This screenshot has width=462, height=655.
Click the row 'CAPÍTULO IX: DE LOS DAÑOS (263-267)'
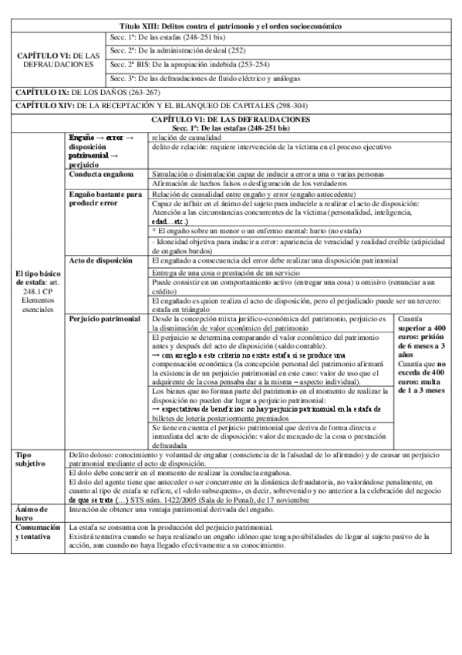click(x=73, y=92)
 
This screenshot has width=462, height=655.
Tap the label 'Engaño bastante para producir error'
click(x=106, y=199)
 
